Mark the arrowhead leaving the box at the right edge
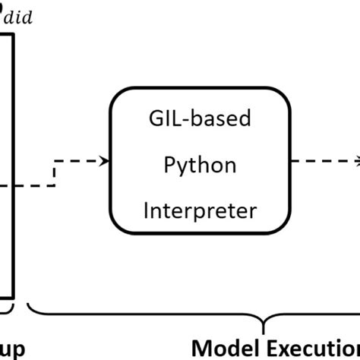[356, 161]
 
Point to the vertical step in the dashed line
[54, 172]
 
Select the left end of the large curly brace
[31, 308]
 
